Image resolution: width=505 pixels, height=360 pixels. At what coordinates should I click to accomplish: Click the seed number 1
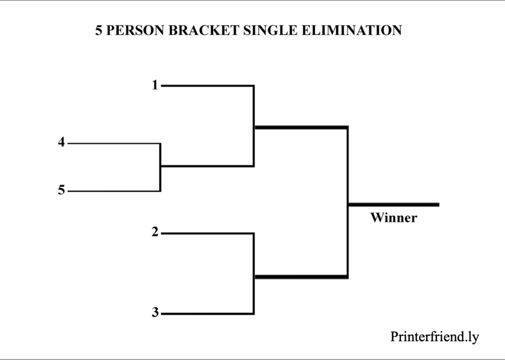pos(155,85)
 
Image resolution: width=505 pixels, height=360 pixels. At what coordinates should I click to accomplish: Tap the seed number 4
pos(61,143)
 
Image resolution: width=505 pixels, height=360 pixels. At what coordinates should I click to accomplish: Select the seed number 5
pos(61,190)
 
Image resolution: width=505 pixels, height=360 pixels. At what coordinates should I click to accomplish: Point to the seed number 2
pos(155,232)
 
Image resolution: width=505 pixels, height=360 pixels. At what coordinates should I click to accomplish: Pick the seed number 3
pos(155,313)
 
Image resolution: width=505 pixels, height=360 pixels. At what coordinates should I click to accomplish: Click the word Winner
pos(394,217)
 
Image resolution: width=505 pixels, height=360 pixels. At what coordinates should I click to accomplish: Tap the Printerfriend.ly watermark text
pos(434,337)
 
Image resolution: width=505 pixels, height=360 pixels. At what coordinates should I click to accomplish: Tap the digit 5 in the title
pos(99,31)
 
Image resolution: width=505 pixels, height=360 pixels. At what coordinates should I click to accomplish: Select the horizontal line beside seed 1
pos(207,86)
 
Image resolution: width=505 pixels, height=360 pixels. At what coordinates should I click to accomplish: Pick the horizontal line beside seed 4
pos(113,144)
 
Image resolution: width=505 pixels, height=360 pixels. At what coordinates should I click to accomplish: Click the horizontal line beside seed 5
pos(113,191)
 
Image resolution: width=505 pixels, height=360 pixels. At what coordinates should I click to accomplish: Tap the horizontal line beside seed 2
pos(207,233)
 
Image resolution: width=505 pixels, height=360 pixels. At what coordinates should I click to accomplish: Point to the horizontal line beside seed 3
pos(207,314)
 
